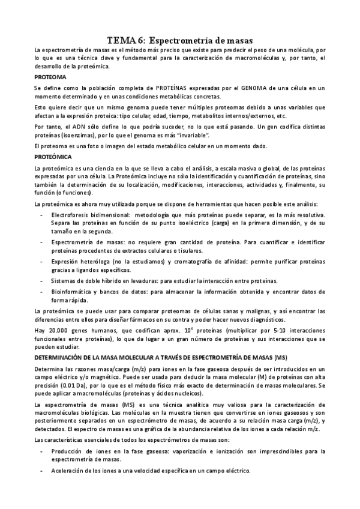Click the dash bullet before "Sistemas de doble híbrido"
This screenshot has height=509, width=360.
click(41, 280)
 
